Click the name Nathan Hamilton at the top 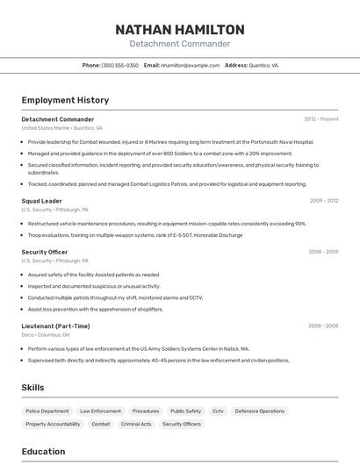tap(180, 30)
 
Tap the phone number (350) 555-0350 tap(119, 65)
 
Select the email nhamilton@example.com tap(190, 65)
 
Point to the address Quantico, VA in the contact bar tap(263, 65)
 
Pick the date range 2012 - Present tap(320, 118)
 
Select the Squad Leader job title tap(41, 201)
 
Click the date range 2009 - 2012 tap(323, 201)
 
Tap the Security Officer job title tap(44, 252)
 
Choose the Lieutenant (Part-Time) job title tap(55, 325)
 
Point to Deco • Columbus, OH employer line tap(46, 334)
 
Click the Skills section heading tap(32, 387)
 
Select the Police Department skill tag tap(47, 411)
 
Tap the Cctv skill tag tap(218, 411)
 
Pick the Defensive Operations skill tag tap(259, 411)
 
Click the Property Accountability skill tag tap(53, 424)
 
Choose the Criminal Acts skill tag tap(136, 424)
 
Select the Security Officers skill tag tap(182, 424)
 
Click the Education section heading tap(43, 452)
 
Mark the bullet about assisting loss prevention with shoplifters tap(95, 309)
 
